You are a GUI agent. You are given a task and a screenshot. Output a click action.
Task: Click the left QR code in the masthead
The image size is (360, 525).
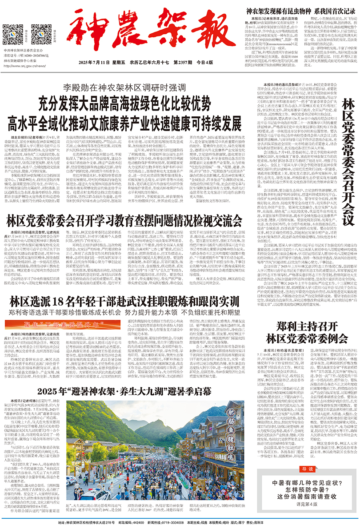coord(12,33)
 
